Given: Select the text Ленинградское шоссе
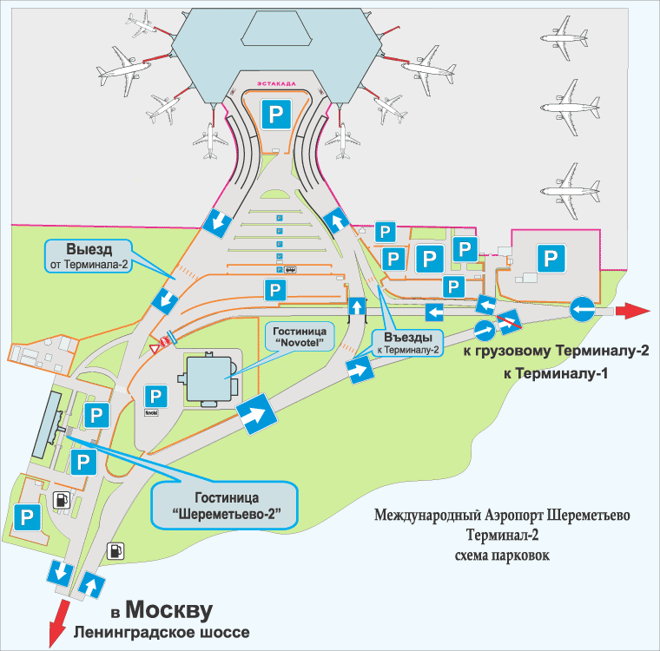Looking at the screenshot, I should coord(162,633).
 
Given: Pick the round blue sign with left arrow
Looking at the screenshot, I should coord(582,310).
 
